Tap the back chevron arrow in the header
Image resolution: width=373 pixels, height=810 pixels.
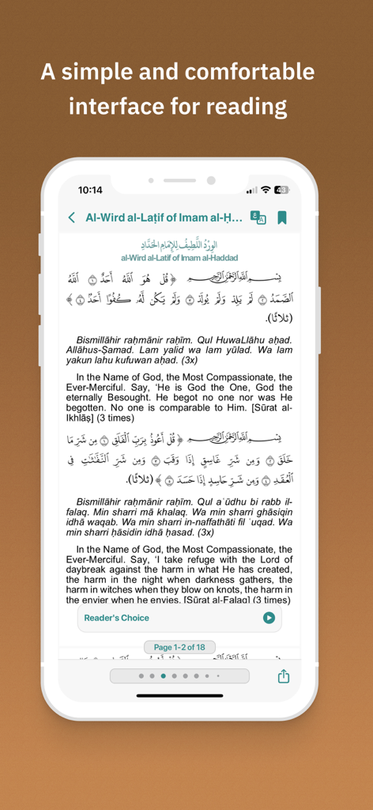click(x=72, y=218)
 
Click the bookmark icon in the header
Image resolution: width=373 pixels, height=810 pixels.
click(x=282, y=218)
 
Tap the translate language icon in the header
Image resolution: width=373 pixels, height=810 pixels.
click(x=258, y=218)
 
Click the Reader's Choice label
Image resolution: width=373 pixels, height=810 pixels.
click(x=116, y=618)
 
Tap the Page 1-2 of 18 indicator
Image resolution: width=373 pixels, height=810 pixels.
click(x=179, y=647)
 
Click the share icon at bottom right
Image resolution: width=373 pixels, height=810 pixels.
click(x=283, y=676)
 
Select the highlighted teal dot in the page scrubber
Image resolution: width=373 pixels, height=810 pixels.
click(x=164, y=676)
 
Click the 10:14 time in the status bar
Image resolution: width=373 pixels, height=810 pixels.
click(x=90, y=191)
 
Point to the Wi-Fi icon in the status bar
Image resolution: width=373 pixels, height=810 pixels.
click(x=266, y=191)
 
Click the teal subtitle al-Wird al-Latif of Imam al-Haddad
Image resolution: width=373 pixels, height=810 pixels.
click(x=179, y=258)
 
